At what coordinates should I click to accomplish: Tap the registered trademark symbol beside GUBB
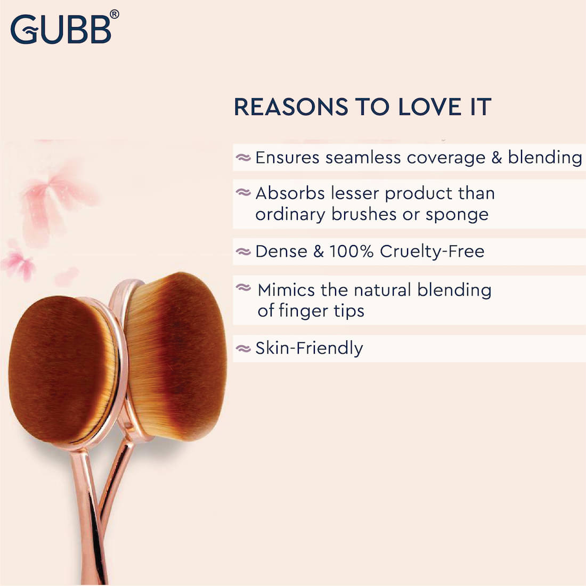tap(115, 14)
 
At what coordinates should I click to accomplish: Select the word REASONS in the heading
tap(291, 107)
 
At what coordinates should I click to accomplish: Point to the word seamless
tap(363, 157)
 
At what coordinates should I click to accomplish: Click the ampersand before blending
tap(497, 157)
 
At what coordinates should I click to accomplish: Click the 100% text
tap(351, 251)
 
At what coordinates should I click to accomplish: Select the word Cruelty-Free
tap(432, 251)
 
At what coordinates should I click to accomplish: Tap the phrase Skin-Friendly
tap(309, 348)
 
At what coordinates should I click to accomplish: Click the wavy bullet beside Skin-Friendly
tap(243, 349)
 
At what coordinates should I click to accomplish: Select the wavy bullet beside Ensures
tap(243, 158)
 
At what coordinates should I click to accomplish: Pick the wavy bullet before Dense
tap(243, 251)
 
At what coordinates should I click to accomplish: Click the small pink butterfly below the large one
tap(19, 262)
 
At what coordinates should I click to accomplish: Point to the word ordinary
tap(290, 215)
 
